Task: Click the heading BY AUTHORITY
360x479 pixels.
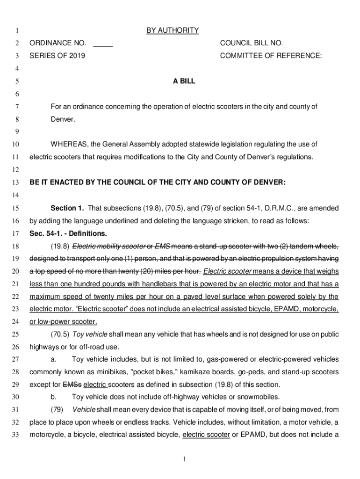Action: click(x=172, y=31)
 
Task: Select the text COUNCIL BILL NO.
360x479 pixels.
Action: click(x=251, y=44)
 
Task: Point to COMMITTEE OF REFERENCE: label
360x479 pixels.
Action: click(x=271, y=56)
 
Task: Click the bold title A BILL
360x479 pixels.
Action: click(x=184, y=81)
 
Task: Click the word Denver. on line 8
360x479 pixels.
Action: click(x=63, y=119)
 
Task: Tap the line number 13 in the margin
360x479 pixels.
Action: click(x=16, y=182)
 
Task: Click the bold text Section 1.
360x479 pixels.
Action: click(x=67, y=208)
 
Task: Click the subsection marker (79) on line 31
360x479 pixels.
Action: click(x=57, y=410)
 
